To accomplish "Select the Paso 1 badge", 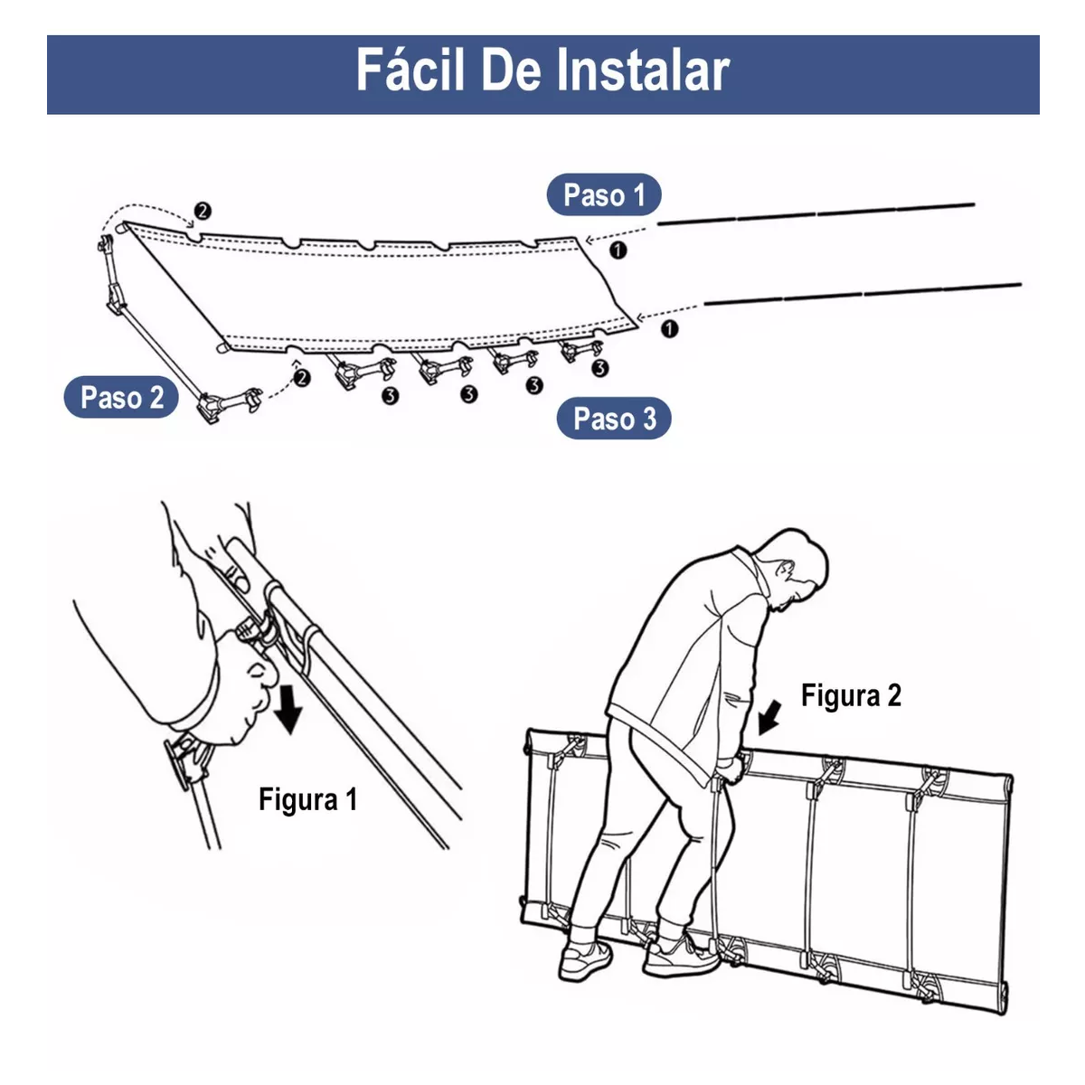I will coord(603,195).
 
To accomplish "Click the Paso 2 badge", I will coord(121,398).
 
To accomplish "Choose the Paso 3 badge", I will coord(614,419).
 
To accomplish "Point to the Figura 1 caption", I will coord(307,799).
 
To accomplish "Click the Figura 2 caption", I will coord(851,695).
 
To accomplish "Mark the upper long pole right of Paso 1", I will coord(814,213).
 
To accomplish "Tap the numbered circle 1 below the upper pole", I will coord(618,250).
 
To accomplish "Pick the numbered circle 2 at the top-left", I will coord(203,211).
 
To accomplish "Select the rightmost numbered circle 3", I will coord(599,368).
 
